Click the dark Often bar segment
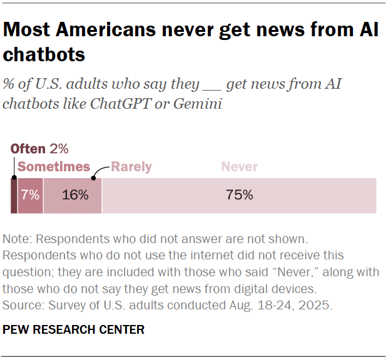[14, 196]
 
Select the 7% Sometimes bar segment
[30, 196]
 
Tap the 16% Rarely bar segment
[73, 196]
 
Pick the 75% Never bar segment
[239, 196]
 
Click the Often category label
[28, 149]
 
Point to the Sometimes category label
[54, 167]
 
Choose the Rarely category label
[131, 167]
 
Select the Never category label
[240, 167]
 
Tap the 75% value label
[239, 196]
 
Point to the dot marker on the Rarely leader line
[93, 178]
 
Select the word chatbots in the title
[44, 55]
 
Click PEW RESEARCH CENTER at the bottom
[74, 329]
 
